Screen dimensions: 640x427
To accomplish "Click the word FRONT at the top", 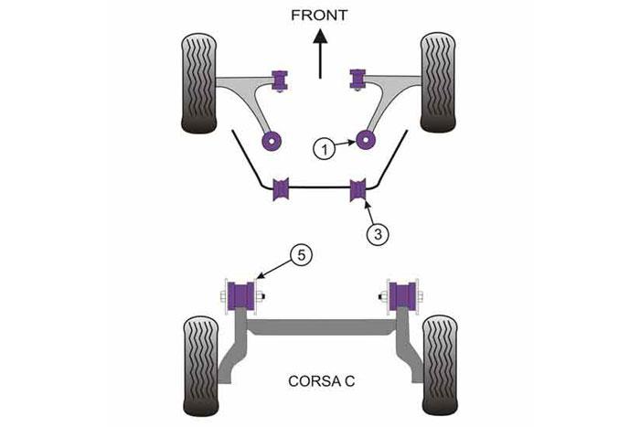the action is [x=319, y=16].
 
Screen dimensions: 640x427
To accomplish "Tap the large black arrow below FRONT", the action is [x=320, y=53].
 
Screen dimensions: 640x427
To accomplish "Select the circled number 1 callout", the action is [x=324, y=149].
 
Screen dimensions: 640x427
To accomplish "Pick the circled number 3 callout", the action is [x=378, y=234].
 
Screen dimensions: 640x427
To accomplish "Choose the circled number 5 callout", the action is [x=301, y=255].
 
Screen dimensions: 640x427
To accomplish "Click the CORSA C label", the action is [x=321, y=381].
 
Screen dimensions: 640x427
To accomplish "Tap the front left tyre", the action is [x=198, y=84].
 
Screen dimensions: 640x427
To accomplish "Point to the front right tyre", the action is [x=438, y=82].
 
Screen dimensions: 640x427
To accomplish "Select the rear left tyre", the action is [x=201, y=366].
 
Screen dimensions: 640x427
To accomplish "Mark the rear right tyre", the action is [x=440, y=365].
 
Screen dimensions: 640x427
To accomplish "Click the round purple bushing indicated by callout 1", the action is [x=366, y=140].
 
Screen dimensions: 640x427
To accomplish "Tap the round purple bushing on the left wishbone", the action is [x=271, y=141].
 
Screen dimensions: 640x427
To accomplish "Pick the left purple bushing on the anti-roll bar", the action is [x=281, y=188].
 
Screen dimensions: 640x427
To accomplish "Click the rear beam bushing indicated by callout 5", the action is [x=240, y=296].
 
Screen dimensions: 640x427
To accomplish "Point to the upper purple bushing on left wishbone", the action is [x=280, y=80].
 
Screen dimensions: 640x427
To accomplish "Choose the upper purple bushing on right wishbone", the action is [x=357, y=80].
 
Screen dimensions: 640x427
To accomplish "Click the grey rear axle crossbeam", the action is [x=321, y=327].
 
